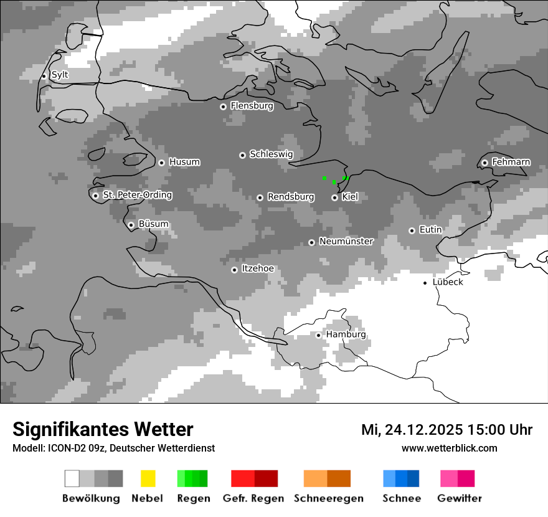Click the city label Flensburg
click(x=252, y=106)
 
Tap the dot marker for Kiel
click(x=335, y=197)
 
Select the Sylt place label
click(x=60, y=75)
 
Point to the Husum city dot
click(x=162, y=163)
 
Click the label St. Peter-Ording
click(x=137, y=195)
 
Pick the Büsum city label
click(x=153, y=224)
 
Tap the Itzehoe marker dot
click(x=234, y=270)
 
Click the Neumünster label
click(x=346, y=242)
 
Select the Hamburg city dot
click(x=319, y=335)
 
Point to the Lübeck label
click(x=448, y=282)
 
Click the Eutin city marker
click(x=412, y=230)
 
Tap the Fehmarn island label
click(x=511, y=162)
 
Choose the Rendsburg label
click(x=290, y=197)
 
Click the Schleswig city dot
click(x=243, y=155)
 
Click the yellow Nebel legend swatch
click(x=148, y=478)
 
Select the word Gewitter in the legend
click(x=460, y=498)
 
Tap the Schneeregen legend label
click(x=329, y=498)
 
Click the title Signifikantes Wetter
click(x=103, y=429)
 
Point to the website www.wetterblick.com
click(x=449, y=448)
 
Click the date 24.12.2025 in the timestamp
click(x=423, y=430)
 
